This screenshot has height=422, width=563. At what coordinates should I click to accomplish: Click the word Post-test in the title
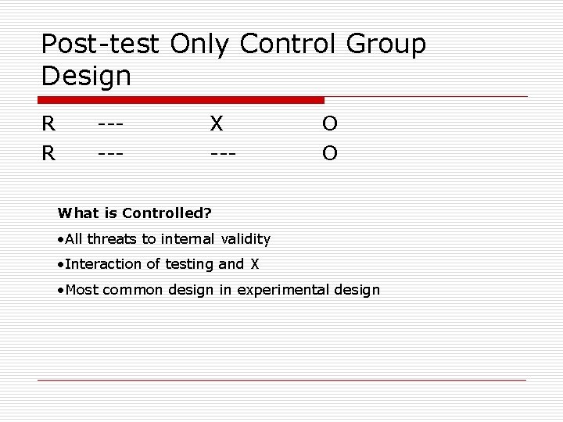(101, 44)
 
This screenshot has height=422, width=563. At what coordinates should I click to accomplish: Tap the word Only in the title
(199, 44)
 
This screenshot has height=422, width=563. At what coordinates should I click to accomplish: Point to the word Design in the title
(86, 77)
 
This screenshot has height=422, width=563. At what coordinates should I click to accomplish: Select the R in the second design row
(48, 153)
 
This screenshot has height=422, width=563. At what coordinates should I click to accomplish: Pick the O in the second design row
(329, 153)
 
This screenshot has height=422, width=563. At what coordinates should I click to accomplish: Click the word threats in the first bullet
(111, 238)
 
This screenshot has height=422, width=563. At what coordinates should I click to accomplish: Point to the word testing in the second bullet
(192, 265)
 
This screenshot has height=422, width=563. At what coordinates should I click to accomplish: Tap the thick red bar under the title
(181, 100)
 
